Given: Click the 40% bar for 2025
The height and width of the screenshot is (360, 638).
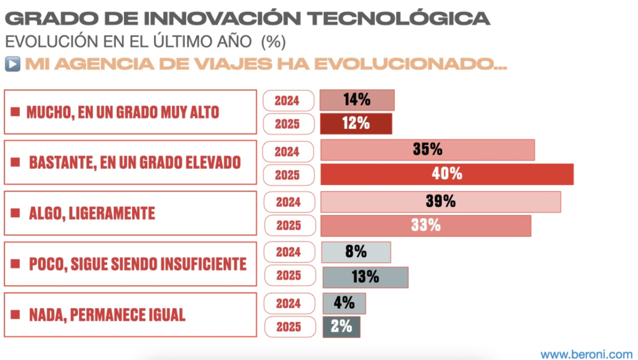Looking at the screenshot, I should [447, 174].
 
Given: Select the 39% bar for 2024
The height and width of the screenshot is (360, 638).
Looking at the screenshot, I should [441, 202].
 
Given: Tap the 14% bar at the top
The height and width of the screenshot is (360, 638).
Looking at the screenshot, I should [357, 100].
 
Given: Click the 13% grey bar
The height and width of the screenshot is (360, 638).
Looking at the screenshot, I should [365, 277].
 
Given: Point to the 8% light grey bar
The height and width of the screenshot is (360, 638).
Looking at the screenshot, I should [356, 252].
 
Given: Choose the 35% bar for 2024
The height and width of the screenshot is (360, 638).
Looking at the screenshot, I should [427, 150].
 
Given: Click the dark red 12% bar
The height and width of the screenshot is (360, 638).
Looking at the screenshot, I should [356, 124].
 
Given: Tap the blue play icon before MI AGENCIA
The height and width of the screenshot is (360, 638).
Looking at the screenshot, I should [12, 64].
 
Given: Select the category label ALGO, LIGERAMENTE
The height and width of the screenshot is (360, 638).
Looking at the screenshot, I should [91, 214].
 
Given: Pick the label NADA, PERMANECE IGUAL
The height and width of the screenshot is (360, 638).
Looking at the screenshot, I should [106, 315].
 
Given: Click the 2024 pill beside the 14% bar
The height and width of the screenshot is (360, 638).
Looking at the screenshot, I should [288, 101].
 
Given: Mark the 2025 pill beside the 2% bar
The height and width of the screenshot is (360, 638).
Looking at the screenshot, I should [289, 327].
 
